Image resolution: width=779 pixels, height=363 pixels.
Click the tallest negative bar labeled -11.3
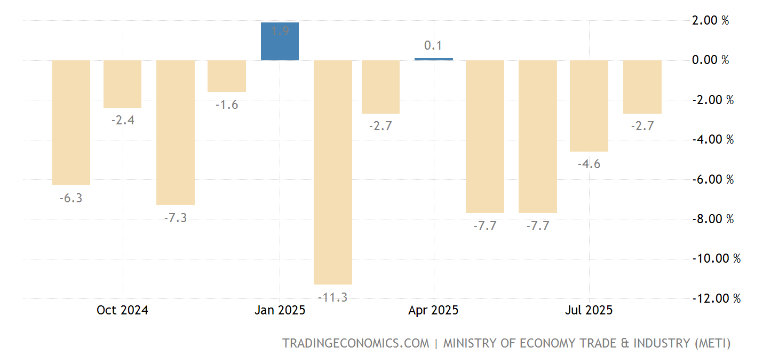click(x=332, y=172)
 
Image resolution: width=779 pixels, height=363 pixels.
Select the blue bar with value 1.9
click(x=280, y=41)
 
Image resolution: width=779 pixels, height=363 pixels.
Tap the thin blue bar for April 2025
click(x=433, y=59)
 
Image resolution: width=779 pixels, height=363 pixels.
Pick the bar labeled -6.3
click(x=71, y=122)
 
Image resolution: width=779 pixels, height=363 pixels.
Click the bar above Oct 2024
click(x=122, y=84)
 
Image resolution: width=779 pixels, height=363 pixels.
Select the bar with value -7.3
click(x=175, y=132)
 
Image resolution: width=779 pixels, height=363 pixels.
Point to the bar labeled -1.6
click(x=227, y=76)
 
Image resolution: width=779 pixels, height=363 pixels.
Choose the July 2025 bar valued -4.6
click(x=589, y=106)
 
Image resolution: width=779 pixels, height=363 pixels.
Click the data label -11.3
click(x=332, y=297)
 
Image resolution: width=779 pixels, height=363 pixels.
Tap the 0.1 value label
click(x=433, y=46)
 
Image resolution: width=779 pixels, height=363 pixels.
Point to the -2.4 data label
click(x=123, y=121)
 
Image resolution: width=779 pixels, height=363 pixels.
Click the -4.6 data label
click(x=589, y=164)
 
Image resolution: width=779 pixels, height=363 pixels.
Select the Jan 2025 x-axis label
click(x=280, y=310)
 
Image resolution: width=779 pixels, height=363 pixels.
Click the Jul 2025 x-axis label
click(x=589, y=310)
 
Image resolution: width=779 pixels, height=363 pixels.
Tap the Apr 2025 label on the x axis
click(x=433, y=310)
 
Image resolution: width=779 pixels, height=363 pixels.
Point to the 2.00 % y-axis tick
click(x=710, y=21)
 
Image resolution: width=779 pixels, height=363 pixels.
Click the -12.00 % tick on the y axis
click(x=716, y=298)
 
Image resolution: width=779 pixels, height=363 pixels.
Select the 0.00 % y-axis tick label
click(x=710, y=60)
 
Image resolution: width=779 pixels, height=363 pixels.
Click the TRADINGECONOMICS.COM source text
click(x=355, y=343)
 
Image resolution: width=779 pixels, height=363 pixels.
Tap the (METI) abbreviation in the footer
click(x=712, y=343)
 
